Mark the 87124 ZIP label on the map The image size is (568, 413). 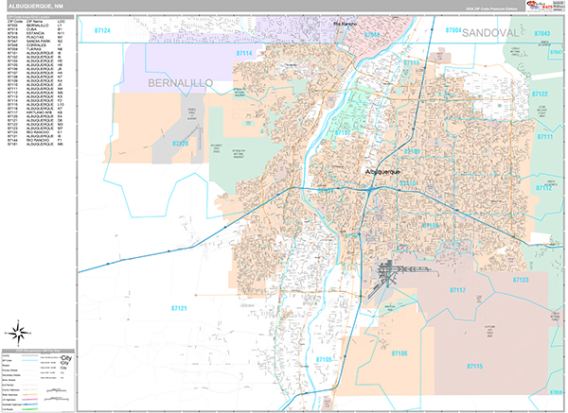[x=102, y=31]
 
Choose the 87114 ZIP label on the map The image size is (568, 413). [x=244, y=54]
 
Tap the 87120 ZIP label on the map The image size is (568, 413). [x=180, y=144]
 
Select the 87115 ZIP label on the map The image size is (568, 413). [x=474, y=366]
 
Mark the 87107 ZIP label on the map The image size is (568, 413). [x=342, y=133]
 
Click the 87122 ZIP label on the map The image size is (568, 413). [x=540, y=95]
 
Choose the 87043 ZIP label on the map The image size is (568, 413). [x=542, y=33]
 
